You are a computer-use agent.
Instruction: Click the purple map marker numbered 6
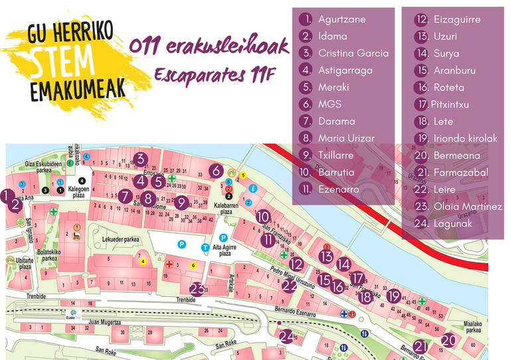coord(216,171)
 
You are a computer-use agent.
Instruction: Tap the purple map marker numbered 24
coord(288,337)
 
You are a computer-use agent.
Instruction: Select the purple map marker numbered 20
coord(449,341)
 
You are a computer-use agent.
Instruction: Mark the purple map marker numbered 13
coord(326,256)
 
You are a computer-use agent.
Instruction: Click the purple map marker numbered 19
coord(394,297)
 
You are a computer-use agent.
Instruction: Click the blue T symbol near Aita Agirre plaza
coord(206,248)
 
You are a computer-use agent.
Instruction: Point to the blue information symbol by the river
coord(252,189)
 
